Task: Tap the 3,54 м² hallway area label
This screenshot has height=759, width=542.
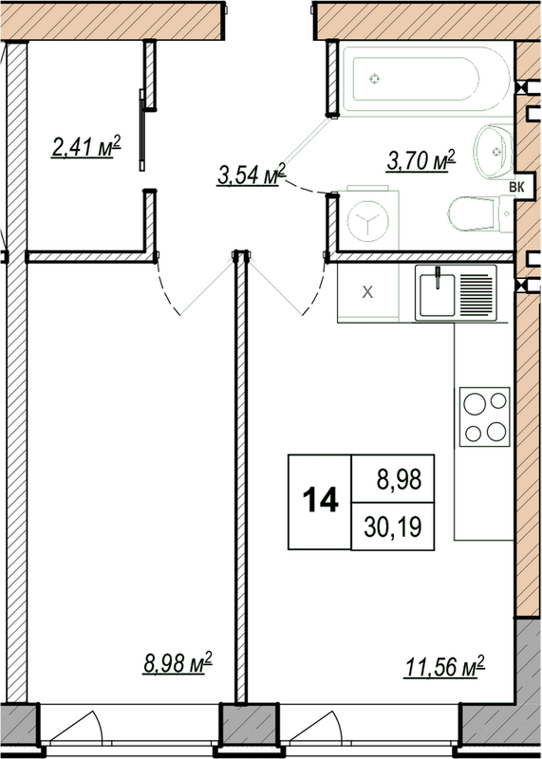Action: [x=252, y=175]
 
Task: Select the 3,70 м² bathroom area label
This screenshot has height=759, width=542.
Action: [x=420, y=160]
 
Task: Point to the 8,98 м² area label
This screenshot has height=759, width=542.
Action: [x=178, y=662]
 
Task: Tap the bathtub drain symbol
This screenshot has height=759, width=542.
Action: [x=376, y=79]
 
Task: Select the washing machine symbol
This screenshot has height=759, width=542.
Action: [x=364, y=220]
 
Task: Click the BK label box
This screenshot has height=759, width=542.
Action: [x=518, y=186]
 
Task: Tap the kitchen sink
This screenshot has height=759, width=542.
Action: [x=456, y=293]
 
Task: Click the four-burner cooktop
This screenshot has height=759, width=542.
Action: [x=484, y=417]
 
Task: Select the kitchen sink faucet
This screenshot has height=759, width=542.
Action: [x=438, y=277]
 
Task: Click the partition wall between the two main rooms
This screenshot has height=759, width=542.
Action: [x=241, y=474]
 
